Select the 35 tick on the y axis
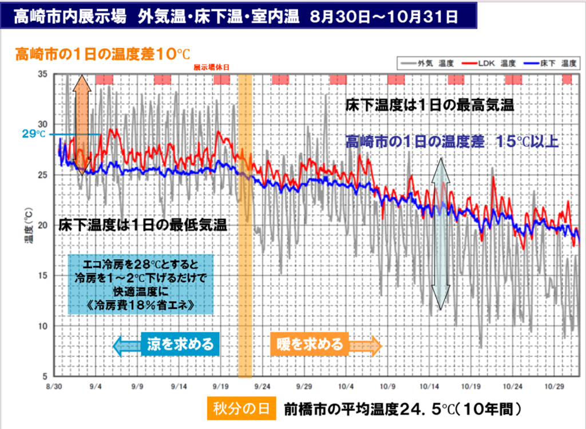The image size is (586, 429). (x=43, y=74)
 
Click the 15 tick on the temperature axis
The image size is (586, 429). (x=43, y=276)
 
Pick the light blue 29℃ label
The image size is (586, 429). (x=33, y=134)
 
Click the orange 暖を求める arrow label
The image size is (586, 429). (x=310, y=344)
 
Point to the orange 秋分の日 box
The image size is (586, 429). (x=241, y=410)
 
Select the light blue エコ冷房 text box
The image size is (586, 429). (x=141, y=285)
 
